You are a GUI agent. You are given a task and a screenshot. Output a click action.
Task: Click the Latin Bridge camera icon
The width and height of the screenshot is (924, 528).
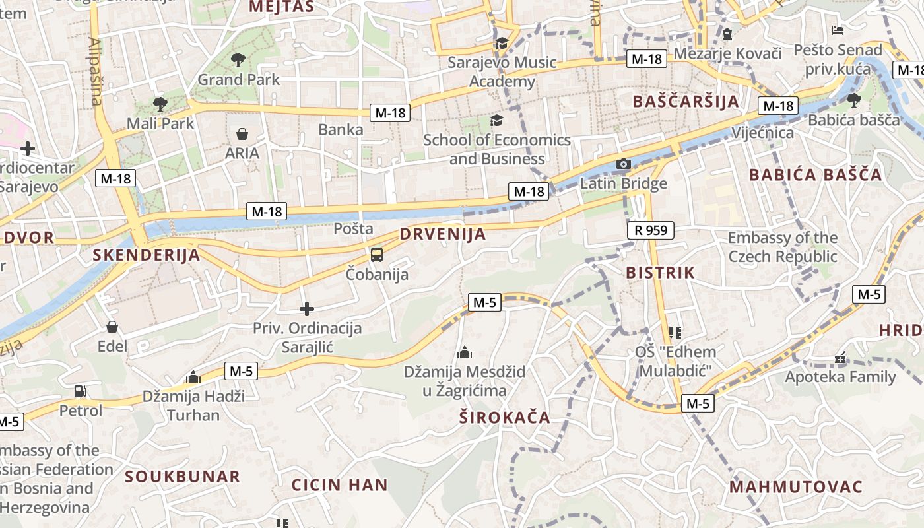click(x=623, y=164)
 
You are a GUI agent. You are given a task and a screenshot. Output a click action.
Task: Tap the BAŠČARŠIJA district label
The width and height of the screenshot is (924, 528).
click(x=686, y=102)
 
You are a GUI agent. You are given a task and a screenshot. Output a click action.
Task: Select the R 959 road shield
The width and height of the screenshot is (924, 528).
click(x=651, y=230)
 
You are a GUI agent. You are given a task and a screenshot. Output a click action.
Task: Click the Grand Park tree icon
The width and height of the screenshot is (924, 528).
click(x=238, y=60)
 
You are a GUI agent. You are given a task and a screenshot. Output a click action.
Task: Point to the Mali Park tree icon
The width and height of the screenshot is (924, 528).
click(x=160, y=104)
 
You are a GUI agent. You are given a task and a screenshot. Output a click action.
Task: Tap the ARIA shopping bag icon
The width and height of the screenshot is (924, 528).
click(x=242, y=134)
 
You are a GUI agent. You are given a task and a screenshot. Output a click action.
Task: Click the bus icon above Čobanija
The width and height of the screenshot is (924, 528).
click(x=376, y=254)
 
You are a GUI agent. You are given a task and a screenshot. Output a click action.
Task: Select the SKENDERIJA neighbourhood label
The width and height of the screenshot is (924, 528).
click(x=146, y=255)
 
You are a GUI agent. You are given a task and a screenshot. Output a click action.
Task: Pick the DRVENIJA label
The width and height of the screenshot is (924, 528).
click(x=443, y=234)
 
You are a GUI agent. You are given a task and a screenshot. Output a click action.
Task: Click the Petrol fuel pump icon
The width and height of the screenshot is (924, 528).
click(x=81, y=391)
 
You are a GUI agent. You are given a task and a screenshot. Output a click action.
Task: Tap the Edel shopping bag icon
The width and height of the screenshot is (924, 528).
click(x=112, y=327)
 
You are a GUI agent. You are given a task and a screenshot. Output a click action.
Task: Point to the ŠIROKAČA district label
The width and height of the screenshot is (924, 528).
click(x=505, y=418)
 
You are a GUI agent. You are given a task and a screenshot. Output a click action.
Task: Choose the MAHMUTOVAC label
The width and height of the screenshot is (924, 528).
click(x=796, y=487)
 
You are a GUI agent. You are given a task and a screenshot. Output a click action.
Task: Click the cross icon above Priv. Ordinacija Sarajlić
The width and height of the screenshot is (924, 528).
click(x=307, y=308)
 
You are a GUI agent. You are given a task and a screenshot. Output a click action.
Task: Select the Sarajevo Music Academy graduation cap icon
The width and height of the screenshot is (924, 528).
click(x=502, y=43)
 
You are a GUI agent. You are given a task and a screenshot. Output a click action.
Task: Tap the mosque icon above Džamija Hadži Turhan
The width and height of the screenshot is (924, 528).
click(x=193, y=377)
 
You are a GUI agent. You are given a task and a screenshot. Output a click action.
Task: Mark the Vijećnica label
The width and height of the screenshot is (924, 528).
click(x=763, y=133)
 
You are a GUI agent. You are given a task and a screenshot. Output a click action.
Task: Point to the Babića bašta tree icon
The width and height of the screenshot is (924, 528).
click(x=853, y=100)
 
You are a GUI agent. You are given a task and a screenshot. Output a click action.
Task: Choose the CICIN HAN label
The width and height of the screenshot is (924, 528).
click(x=340, y=485)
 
